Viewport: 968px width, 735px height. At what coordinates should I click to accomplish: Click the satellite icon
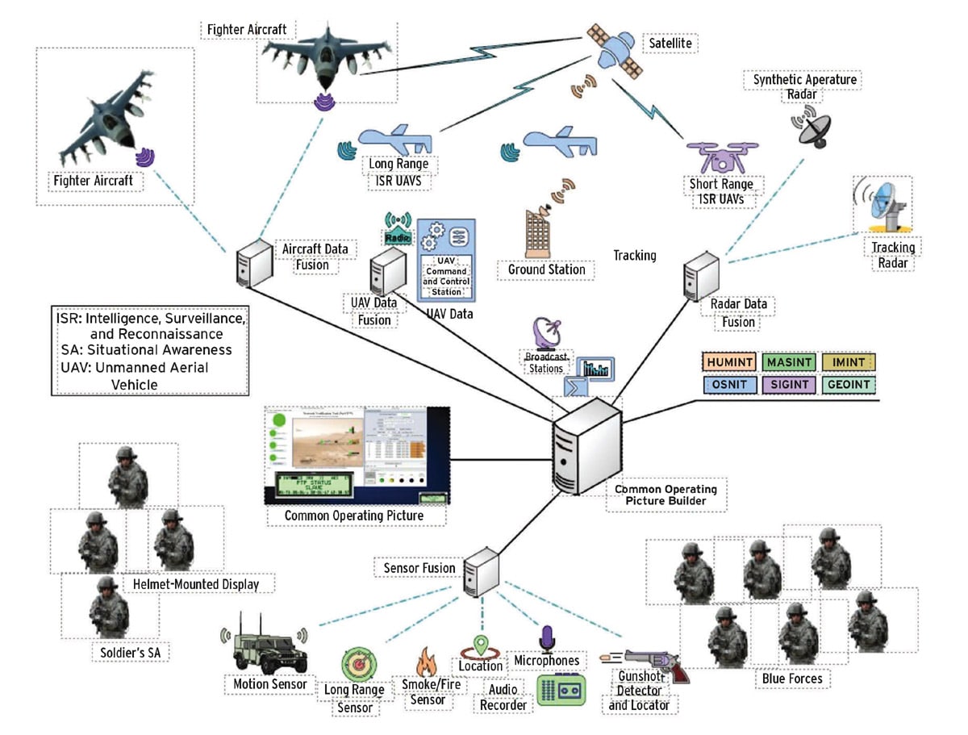click(615, 48)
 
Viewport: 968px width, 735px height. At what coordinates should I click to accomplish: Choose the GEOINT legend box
click(849, 386)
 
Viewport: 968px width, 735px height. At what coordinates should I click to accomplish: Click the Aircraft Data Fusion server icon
click(245, 261)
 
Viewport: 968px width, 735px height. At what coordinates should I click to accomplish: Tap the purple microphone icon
click(546, 639)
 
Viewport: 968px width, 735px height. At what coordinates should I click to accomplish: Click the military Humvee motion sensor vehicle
click(265, 649)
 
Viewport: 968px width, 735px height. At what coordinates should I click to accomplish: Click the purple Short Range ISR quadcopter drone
click(712, 156)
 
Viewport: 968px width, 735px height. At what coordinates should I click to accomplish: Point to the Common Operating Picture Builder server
click(586, 443)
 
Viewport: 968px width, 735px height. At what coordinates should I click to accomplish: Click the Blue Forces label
click(792, 679)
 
